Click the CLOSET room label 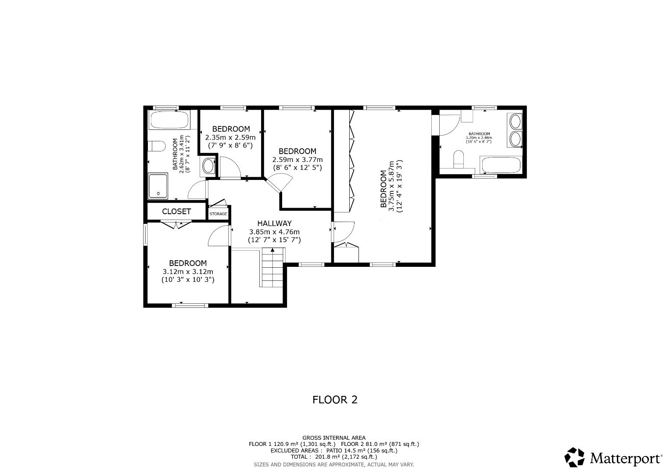[x=176, y=211]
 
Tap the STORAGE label [x=218, y=214]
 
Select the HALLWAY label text [x=274, y=223]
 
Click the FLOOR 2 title [x=335, y=399]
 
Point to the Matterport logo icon [x=574, y=457]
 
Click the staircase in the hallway [x=273, y=268]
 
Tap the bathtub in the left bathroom [x=169, y=120]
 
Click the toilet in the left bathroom [x=156, y=146]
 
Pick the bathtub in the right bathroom [x=501, y=166]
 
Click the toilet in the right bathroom [x=459, y=159]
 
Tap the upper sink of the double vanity [x=515, y=120]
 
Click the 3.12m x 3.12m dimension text [x=188, y=271]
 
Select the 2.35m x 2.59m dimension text [x=230, y=137]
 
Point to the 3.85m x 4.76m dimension [x=274, y=232]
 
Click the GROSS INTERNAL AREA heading [x=333, y=438]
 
